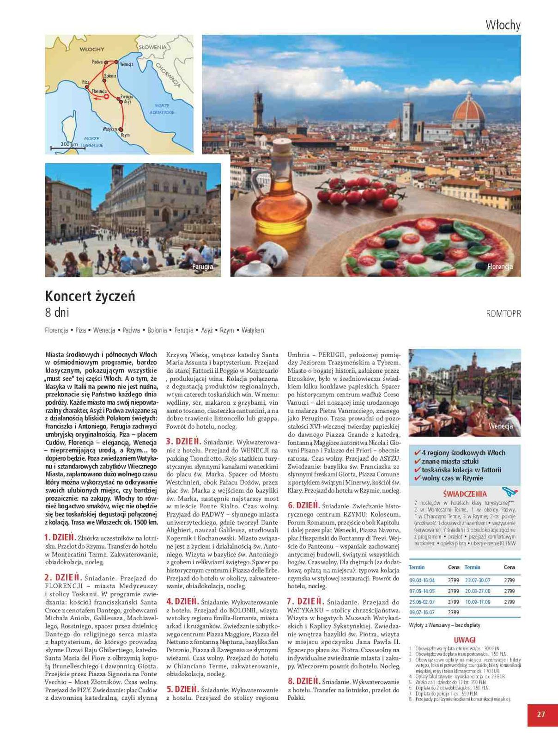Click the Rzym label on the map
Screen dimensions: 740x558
point(125,135)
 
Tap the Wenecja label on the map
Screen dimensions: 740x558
point(127,64)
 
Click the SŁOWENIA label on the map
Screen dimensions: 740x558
point(153,47)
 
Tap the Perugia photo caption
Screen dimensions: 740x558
point(203,266)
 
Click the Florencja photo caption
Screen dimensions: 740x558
point(500,266)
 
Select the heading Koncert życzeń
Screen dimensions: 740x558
point(90,296)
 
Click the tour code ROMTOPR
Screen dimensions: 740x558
point(503,314)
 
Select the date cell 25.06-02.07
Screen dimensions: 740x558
point(422,602)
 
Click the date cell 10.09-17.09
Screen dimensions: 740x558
point(478,602)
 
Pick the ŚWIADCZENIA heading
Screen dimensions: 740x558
point(465,494)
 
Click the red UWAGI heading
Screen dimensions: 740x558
point(465,640)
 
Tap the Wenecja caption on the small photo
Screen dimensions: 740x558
point(501,426)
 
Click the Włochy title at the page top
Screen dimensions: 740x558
point(503,25)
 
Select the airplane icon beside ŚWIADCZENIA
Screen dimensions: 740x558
point(509,492)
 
